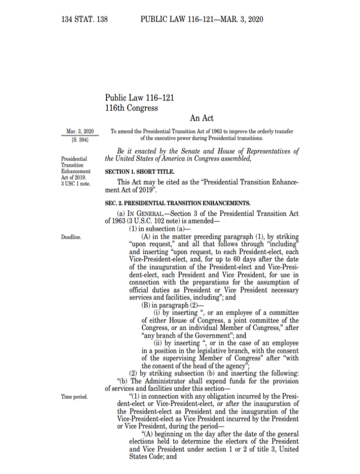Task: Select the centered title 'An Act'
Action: (x=201, y=119)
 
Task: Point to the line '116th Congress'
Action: (x=131, y=108)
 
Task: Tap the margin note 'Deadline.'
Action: (x=71, y=237)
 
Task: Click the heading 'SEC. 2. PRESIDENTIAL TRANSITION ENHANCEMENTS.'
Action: (x=178, y=203)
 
